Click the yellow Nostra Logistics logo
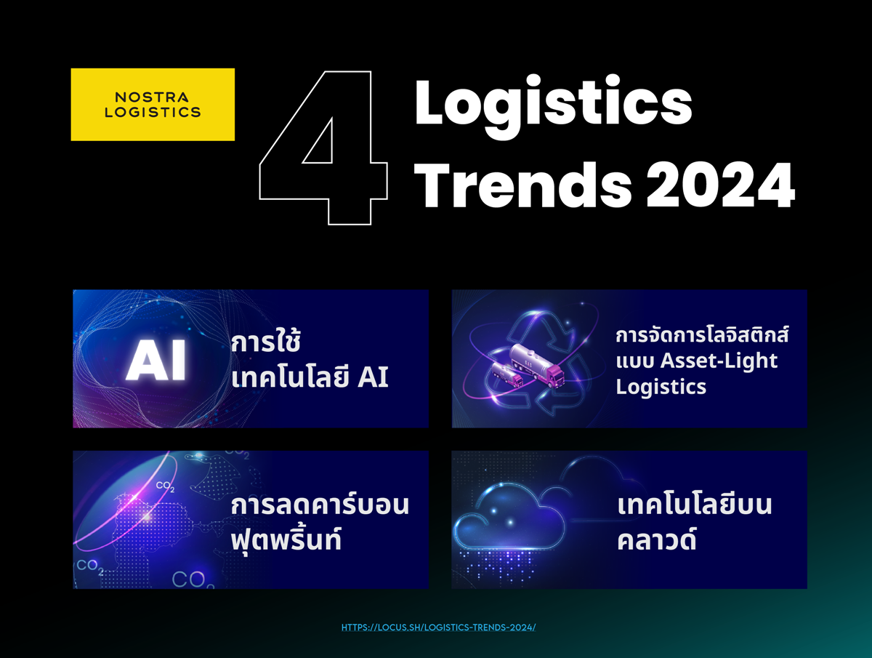[x=153, y=105]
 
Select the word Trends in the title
[x=522, y=185]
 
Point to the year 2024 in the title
[x=721, y=185]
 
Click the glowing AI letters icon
[x=156, y=361]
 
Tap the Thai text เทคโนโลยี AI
[x=310, y=377]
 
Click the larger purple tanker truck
[x=537, y=365]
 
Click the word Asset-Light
[x=719, y=361]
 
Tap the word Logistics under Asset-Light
[x=661, y=387]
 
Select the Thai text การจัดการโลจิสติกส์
[x=702, y=335]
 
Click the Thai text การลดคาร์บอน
[x=320, y=505]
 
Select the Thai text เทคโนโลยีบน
[x=695, y=505]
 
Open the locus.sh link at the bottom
[x=439, y=627]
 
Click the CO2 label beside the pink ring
[x=165, y=486]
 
